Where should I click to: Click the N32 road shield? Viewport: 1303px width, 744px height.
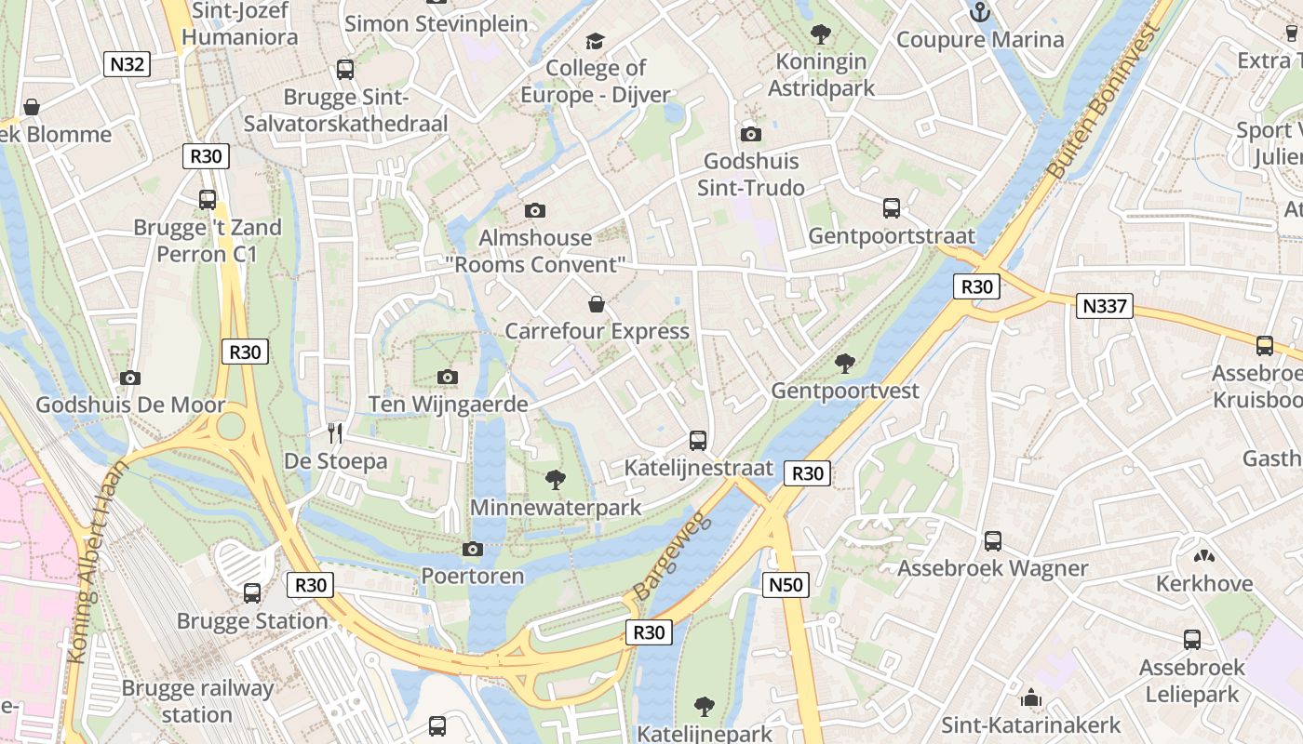pyautogui.click(x=128, y=64)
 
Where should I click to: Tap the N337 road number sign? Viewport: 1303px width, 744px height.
pyautogui.click(x=1105, y=305)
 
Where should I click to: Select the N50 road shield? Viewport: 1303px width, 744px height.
pyautogui.click(x=786, y=585)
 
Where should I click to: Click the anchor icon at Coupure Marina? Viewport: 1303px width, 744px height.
pyautogui.click(x=979, y=12)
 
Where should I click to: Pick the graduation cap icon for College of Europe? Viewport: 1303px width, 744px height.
pyautogui.click(x=595, y=41)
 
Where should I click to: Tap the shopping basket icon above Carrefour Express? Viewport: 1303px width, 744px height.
pyautogui.click(x=597, y=304)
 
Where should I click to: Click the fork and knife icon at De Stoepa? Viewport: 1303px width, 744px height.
pyautogui.click(x=335, y=432)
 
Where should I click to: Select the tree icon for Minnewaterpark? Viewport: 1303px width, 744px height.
pyautogui.click(x=556, y=480)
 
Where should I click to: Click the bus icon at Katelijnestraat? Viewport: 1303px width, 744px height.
pyautogui.click(x=698, y=440)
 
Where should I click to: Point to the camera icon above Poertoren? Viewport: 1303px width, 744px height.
pyautogui.click(x=473, y=549)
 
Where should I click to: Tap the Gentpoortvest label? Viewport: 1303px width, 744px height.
pyautogui.click(x=844, y=391)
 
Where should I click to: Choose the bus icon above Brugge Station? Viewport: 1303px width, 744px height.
pyautogui.click(x=252, y=592)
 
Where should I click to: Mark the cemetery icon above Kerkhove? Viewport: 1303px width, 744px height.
pyautogui.click(x=1203, y=556)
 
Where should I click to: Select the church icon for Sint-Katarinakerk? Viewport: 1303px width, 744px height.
pyautogui.click(x=1030, y=697)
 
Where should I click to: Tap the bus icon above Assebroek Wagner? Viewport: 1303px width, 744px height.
pyautogui.click(x=993, y=540)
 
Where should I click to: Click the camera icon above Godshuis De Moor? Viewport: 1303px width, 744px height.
pyautogui.click(x=130, y=378)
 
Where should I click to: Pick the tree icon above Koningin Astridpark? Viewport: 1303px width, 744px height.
pyautogui.click(x=821, y=34)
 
